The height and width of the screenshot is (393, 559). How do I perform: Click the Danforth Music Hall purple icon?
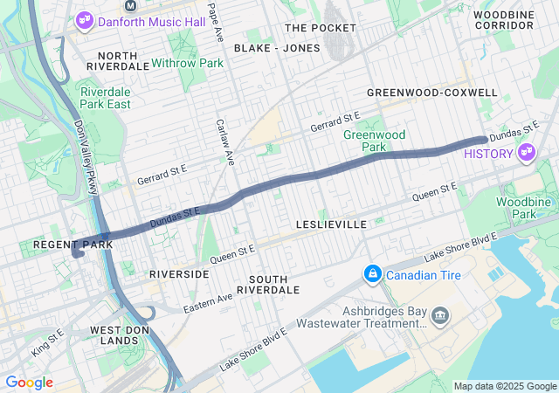85,20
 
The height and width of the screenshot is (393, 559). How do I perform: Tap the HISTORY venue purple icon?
526,154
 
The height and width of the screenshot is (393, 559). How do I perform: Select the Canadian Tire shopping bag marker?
373,275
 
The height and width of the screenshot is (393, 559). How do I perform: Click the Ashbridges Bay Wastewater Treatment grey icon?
439,314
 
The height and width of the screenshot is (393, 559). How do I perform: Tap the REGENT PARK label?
62,245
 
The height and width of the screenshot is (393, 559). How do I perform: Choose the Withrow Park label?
187,63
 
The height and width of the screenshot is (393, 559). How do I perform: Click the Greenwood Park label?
374,141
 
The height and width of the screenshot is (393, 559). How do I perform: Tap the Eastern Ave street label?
208,303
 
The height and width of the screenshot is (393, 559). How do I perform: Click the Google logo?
29,383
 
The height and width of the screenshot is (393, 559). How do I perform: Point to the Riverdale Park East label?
105,97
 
